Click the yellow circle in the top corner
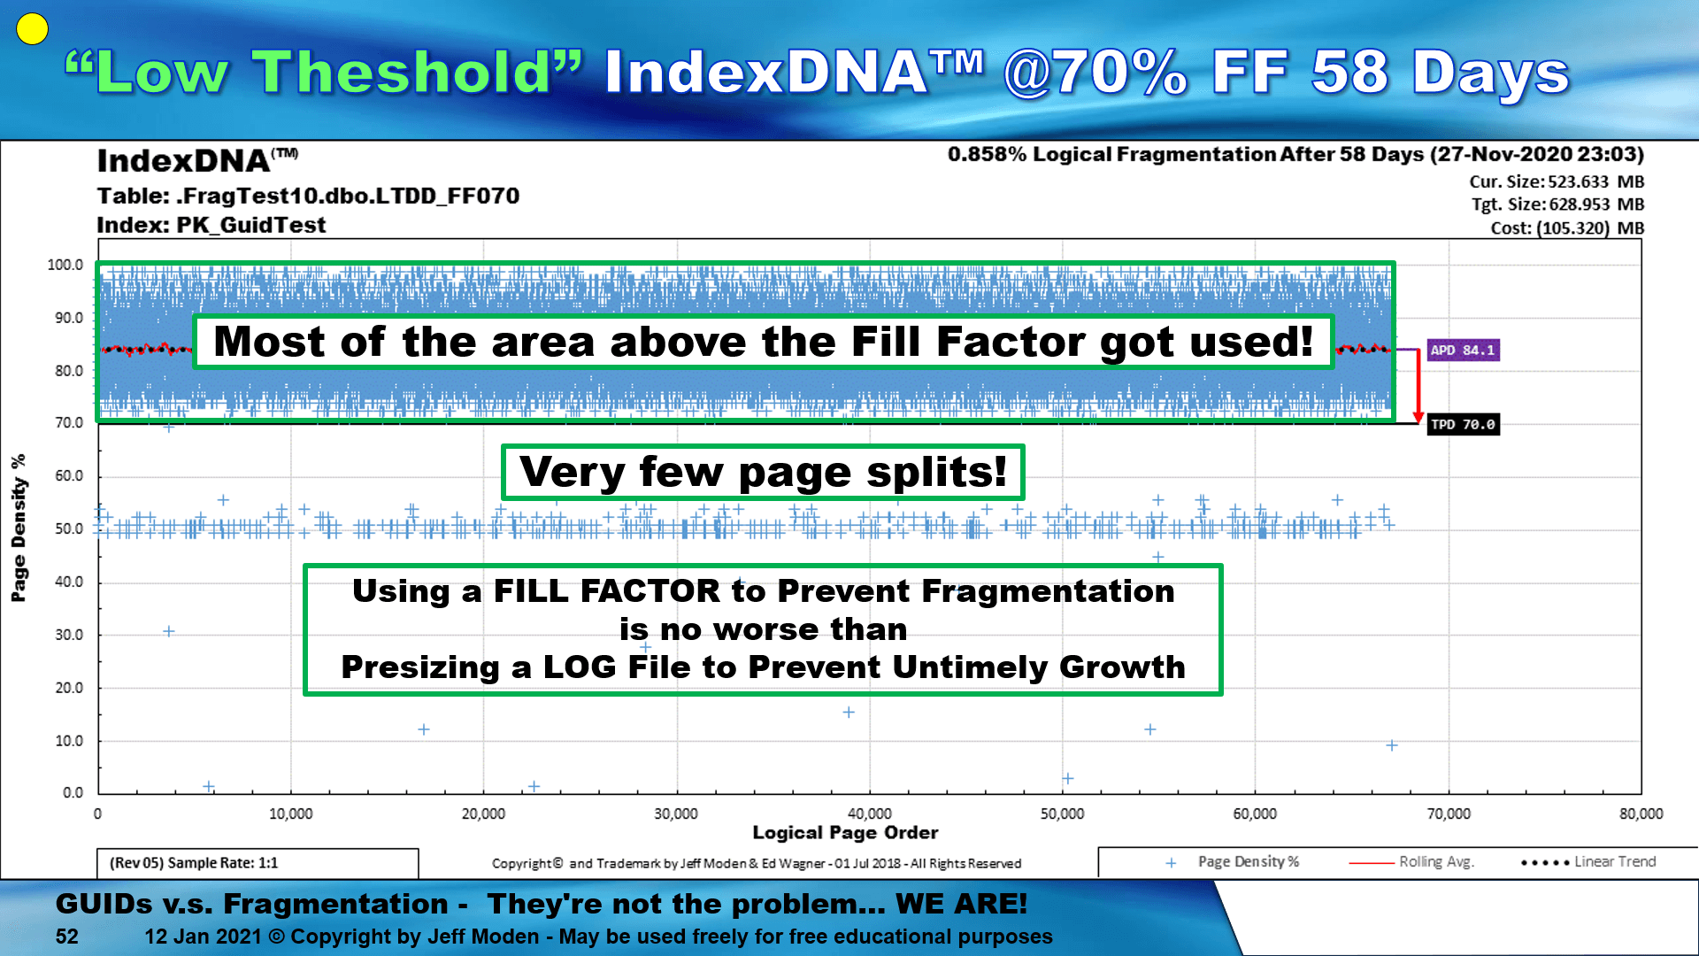[x=32, y=29]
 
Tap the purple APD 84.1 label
[x=1463, y=351]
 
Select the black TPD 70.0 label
[x=1464, y=425]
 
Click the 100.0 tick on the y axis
[x=65, y=265]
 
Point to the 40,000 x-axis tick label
[x=869, y=813]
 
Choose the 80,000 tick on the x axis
[x=1641, y=813]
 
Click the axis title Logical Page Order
[x=845, y=832]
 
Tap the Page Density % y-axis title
[x=19, y=528]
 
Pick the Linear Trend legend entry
[x=1588, y=861]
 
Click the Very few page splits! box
[x=763, y=472]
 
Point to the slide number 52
[x=67, y=937]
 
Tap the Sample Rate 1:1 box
[x=258, y=863]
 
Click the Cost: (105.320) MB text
[x=1567, y=227]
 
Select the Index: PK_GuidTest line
[x=211, y=225]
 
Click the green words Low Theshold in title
[x=324, y=72]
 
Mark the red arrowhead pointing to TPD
[x=1418, y=417]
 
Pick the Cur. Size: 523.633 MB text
[x=1557, y=181]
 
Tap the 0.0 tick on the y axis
[x=73, y=792]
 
